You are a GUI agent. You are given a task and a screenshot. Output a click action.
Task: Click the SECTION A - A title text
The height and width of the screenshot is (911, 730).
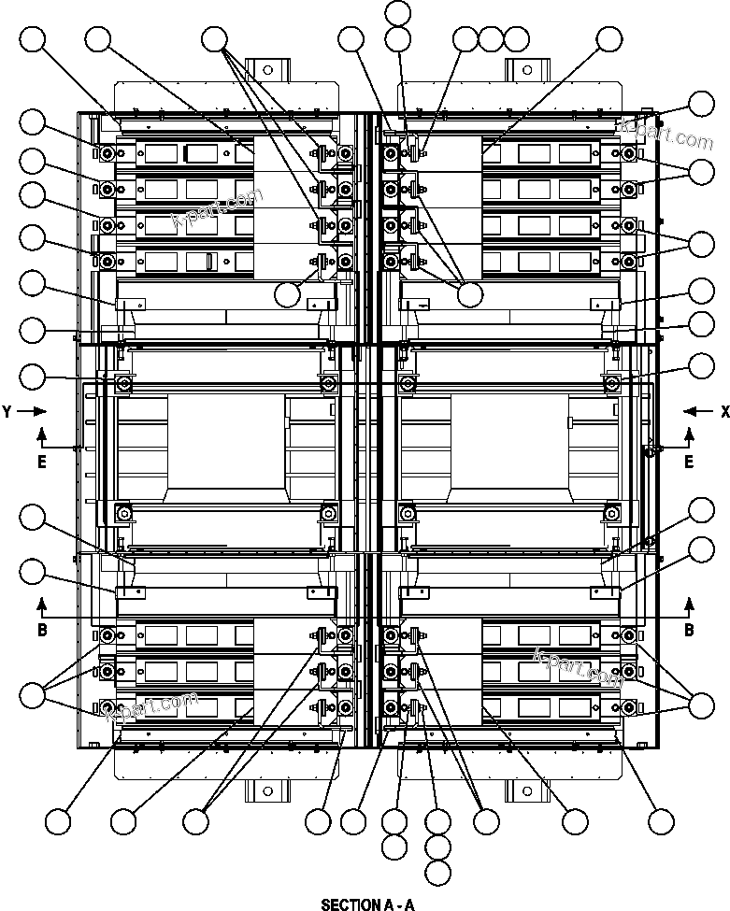coord(366,904)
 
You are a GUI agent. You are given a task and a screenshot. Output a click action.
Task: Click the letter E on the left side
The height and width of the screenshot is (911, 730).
coord(42,463)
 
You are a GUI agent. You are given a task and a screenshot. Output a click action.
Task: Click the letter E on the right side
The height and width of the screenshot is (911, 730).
coord(689,463)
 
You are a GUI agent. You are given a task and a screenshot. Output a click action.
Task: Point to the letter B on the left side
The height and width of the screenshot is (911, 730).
coord(42,631)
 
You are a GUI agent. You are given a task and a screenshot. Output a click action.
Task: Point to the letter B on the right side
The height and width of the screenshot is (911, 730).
coord(689,631)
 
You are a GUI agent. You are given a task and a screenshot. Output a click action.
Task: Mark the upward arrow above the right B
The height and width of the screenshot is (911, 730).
coord(689,603)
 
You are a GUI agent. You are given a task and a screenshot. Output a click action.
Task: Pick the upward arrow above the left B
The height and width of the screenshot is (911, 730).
coord(42,603)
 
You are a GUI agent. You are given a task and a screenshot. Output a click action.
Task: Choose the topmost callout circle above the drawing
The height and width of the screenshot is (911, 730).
coord(398,12)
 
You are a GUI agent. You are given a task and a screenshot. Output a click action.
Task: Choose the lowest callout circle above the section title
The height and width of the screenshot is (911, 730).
coord(437,874)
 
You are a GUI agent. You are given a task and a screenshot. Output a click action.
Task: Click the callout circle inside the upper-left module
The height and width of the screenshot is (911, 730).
coord(289,292)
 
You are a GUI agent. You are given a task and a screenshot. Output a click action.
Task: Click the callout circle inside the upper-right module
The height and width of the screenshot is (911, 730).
coord(470,294)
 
